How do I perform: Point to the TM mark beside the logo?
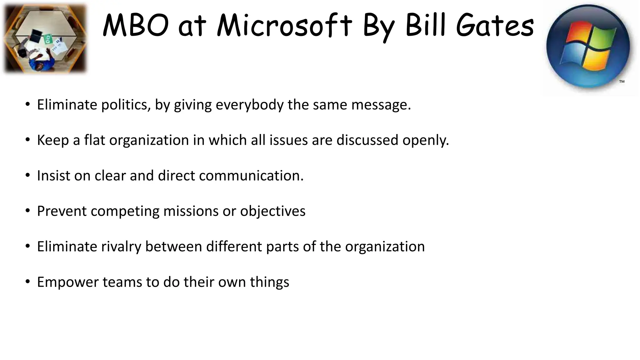pyautogui.click(x=622, y=82)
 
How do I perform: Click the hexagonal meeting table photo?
pyautogui.click(x=45, y=38)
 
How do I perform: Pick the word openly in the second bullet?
pyautogui.click(x=425, y=140)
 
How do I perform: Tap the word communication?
pyautogui.click(x=251, y=176)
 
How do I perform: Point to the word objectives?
pyautogui.click(x=272, y=211)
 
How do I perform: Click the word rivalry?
pyautogui.click(x=121, y=247)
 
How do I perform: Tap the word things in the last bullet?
pyautogui.click(x=269, y=282)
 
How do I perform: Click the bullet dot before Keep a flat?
pyautogui.click(x=27, y=140)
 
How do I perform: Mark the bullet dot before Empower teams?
pyautogui.click(x=27, y=282)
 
